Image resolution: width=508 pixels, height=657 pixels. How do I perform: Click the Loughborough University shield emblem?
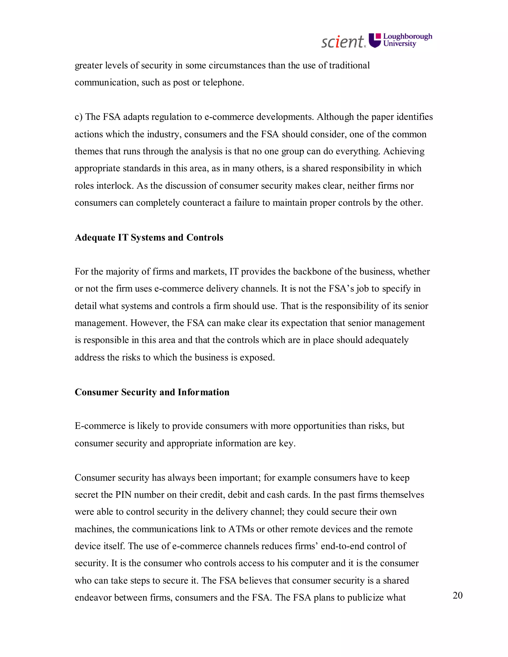(x=375, y=40)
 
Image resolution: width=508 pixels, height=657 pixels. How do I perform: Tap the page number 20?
(x=457, y=595)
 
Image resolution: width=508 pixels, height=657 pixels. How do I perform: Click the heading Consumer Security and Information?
(x=152, y=392)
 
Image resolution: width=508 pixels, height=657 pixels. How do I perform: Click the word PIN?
(x=123, y=495)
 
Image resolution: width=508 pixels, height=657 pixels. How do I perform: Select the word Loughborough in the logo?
(x=408, y=37)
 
